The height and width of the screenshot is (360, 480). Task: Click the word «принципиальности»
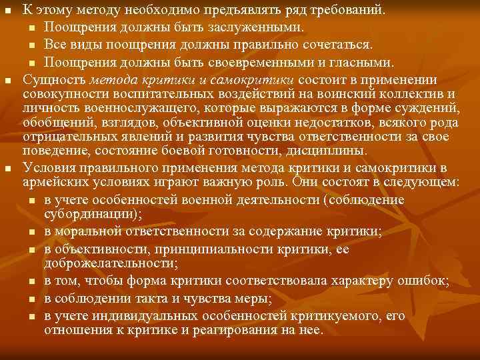click(x=196, y=248)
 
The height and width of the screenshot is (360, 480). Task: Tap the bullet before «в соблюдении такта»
click(x=33, y=297)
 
